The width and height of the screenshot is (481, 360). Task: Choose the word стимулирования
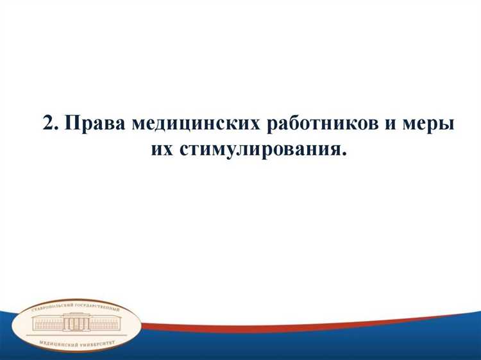pyautogui.click(x=254, y=150)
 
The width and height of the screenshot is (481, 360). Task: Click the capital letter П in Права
pyautogui.click(x=72, y=123)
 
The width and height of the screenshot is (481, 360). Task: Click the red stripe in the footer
pyautogui.click(x=289, y=319)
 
